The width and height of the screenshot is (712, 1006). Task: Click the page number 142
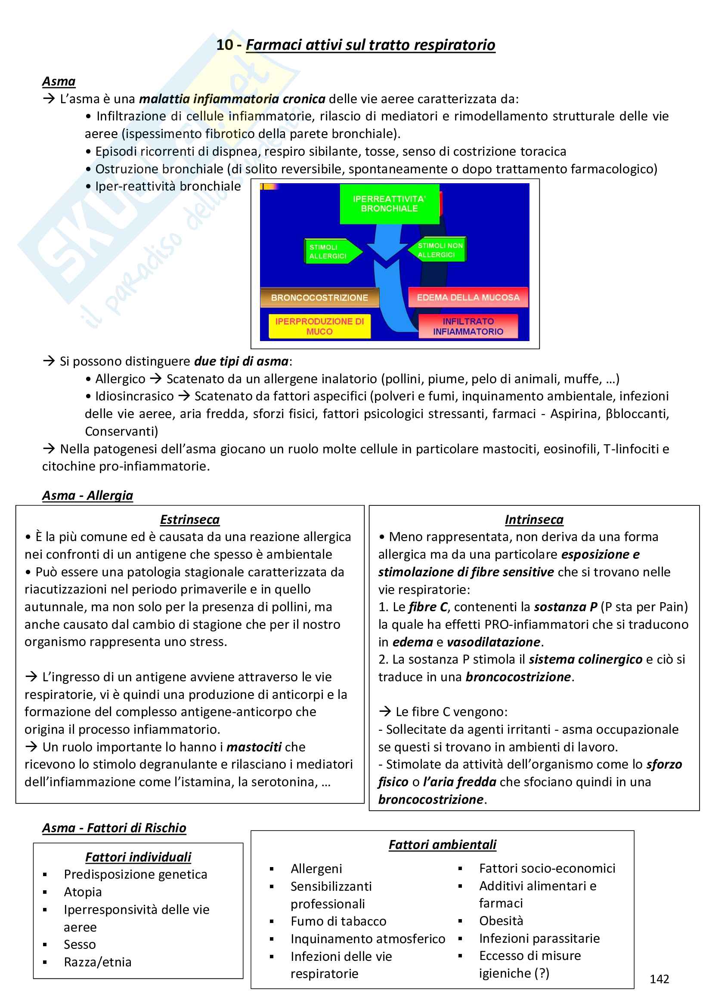coord(659,978)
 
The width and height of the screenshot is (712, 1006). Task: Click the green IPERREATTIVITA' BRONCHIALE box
coord(389,204)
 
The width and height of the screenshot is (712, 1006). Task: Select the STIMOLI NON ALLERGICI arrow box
coord(439,250)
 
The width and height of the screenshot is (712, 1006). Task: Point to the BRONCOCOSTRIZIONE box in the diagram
coord(319,298)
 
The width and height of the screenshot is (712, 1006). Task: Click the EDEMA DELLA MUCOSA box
coord(468,298)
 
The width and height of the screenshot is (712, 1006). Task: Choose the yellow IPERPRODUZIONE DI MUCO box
coord(319,326)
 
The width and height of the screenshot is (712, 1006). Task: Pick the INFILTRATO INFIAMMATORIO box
coord(468,326)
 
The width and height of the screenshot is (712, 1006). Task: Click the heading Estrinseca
coord(189,519)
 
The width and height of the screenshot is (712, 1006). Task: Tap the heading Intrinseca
coord(533,519)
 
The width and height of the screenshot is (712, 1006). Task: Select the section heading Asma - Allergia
coord(87,495)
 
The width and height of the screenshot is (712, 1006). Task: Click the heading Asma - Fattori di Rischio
coord(114,828)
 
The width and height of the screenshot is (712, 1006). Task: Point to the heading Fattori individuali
coord(138,857)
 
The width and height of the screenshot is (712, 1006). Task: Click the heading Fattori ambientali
coord(443,844)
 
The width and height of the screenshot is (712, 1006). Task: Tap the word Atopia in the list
coord(82,892)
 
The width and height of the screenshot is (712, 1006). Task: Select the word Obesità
coord(501,920)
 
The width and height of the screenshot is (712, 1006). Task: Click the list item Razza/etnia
coord(97,962)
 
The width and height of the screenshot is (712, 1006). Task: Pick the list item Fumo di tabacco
coord(338,921)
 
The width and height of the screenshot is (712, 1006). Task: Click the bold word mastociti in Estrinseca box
coord(254,747)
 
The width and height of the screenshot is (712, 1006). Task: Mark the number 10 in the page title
coord(225,45)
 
